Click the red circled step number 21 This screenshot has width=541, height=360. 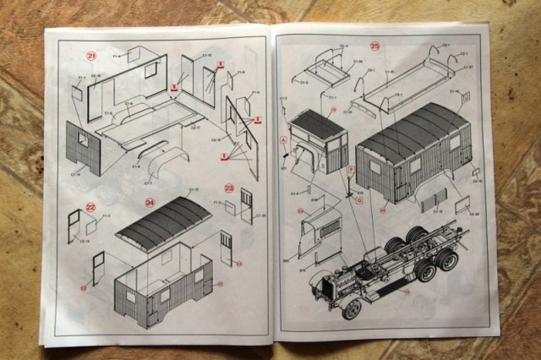(x=91, y=56)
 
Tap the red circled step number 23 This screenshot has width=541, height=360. (x=229, y=188)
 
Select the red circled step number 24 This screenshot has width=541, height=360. (x=149, y=201)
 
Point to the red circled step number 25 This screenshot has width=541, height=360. (x=374, y=46)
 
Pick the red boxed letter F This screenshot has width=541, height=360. (x=352, y=174)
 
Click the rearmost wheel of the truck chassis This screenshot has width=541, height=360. (x=448, y=259)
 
